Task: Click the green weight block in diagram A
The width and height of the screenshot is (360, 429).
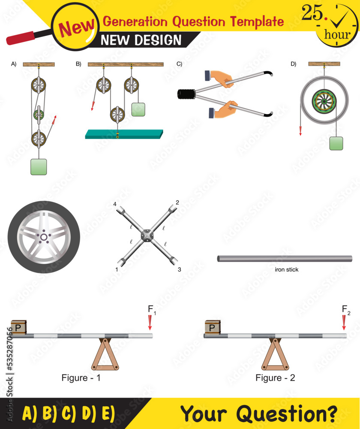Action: coord(39,166)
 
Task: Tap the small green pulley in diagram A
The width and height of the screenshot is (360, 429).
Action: coord(39,115)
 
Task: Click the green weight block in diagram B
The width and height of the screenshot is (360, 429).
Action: coord(138,109)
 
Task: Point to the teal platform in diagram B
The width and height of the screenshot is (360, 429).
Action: coord(124,134)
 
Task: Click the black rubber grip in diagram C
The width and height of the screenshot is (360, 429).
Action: coord(186,93)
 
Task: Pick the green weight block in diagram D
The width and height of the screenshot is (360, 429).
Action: coord(336,143)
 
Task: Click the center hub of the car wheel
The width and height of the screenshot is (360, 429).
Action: coord(44,237)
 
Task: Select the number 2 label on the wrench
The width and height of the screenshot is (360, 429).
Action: coord(177,202)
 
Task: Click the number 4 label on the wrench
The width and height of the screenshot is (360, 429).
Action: coord(114,204)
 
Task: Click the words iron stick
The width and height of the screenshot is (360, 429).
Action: coord(286,270)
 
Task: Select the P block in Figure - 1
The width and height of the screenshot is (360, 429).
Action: coord(18,327)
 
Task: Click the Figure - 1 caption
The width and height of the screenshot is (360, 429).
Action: coord(81,378)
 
